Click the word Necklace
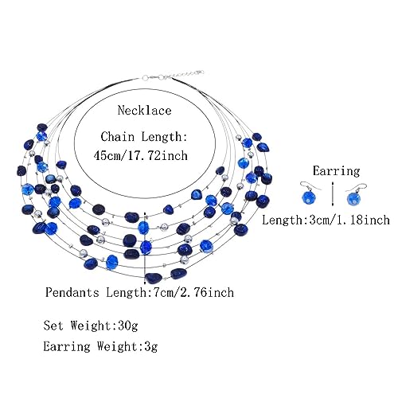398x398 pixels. click(x=145, y=111)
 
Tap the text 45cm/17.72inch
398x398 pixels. click(x=141, y=155)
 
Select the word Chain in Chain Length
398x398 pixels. click(x=118, y=137)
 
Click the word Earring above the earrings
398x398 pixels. click(x=336, y=171)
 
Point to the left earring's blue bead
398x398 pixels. click(x=309, y=197)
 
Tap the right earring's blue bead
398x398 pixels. click(x=354, y=198)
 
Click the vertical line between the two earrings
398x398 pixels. click(x=332, y=193)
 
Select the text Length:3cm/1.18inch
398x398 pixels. click(x=326, y=220)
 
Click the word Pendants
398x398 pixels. click(x=72, y=292)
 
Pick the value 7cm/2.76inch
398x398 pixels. click(x=190, y=292)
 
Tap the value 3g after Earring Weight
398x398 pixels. click(x=151, y=347)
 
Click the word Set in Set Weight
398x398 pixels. click(x=53, y=326)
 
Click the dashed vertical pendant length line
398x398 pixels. click(x=144, y=245)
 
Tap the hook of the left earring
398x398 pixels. click(x=309, y=185)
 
